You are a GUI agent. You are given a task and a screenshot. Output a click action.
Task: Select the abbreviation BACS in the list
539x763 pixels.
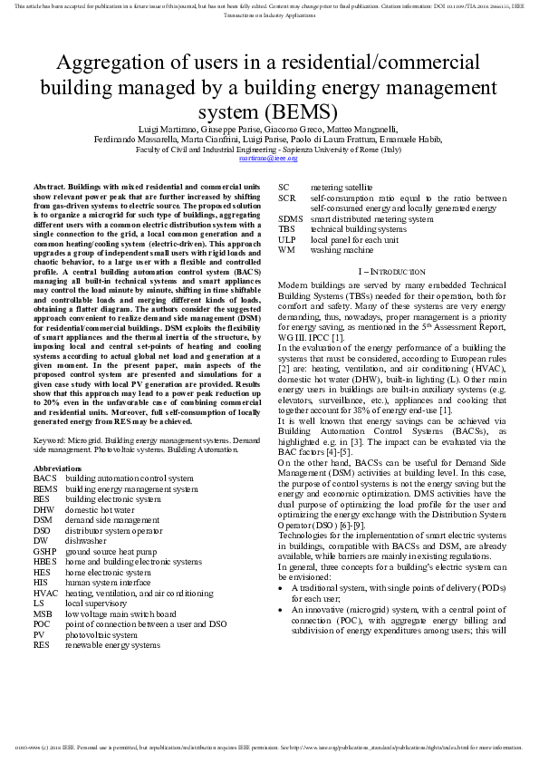(44, 478)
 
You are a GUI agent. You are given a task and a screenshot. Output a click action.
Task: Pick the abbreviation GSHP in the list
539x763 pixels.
(45, 552)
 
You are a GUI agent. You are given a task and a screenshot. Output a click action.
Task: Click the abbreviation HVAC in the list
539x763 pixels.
(46, 593)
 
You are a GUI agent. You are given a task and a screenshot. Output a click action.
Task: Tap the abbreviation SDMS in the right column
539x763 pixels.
(291, 219)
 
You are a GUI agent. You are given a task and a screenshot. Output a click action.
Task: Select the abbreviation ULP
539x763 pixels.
(287, 239)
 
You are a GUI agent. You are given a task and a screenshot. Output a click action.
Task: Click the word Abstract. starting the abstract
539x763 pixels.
(49, 185)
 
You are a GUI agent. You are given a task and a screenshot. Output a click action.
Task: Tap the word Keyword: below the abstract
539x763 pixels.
(51, 439)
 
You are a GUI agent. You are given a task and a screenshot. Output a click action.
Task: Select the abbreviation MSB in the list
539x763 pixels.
(44, 613)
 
